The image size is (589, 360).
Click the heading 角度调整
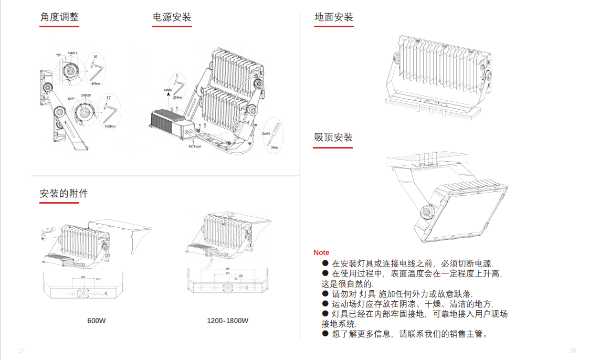(x=59, y=17)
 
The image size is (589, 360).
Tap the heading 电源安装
(x=172, y=17)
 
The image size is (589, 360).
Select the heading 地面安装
(x=333, y=17)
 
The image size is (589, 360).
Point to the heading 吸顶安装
(x=333, y=137)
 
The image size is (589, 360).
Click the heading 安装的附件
(x=64, y=193)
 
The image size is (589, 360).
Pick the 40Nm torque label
(x=96, y=83)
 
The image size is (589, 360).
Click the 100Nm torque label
(x=110, y=126)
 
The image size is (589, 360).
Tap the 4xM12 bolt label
(x=72, y=53)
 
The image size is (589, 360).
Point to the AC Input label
(x=195, y=146)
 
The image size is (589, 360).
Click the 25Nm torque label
(x=177, y=98)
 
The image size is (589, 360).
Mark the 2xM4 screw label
(x=266, y=134)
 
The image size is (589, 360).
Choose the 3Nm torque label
(x=274, y=147)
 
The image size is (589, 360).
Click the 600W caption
(x=97, y=320)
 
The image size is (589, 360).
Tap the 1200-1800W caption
(x=227, y=320)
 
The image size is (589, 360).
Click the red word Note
(x=321, y=252)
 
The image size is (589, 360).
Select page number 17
(x=22, y=350)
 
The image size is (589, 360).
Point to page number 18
(x=573, y=350)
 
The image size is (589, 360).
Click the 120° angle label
(x=70, y=98)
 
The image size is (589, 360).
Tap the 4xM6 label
(x=168, y=90)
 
